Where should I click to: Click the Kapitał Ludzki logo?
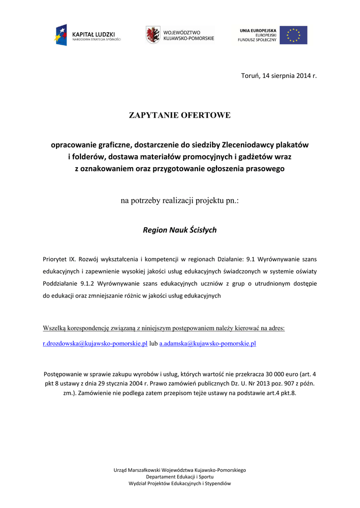pos(88,35)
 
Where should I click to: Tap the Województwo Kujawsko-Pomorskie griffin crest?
pos(152,35)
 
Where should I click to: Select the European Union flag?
pos(293,35)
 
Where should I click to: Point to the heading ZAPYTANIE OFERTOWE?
pos(180,116)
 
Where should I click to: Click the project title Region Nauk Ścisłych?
pos(180,230)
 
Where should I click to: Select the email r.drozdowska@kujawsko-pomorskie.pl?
pos(95,343)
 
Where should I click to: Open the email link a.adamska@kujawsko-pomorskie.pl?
pos(208,343)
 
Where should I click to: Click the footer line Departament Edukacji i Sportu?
pos(180,476)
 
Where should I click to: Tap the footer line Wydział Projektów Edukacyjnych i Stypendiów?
pos(180,483)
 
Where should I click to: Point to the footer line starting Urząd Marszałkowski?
pos(180,469)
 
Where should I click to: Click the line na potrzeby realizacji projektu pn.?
pos(180,201)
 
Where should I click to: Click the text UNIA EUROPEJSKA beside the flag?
pos(258,30)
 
